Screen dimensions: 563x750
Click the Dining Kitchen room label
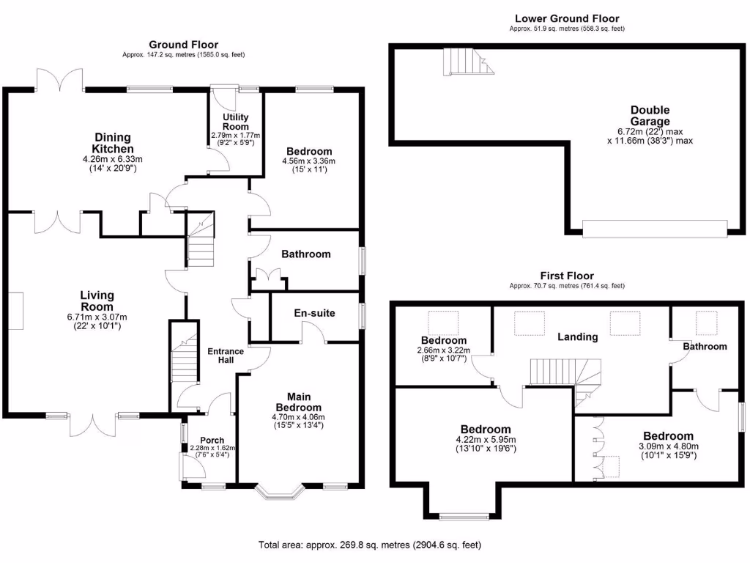click(112, 143)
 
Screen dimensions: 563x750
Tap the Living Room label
click(97, 301)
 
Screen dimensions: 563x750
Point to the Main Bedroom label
click(298, 402)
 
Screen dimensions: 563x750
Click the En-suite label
click(314, 313)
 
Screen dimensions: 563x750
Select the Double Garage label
click(650, 116)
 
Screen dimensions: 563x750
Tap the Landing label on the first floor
click(577, 337)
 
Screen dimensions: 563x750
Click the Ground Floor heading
click(183, 45)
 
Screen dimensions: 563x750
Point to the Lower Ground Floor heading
click(566, 18)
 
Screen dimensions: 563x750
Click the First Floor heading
click(567, 276)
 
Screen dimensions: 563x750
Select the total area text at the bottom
click(369, 545)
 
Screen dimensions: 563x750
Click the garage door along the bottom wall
click(655, 229)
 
